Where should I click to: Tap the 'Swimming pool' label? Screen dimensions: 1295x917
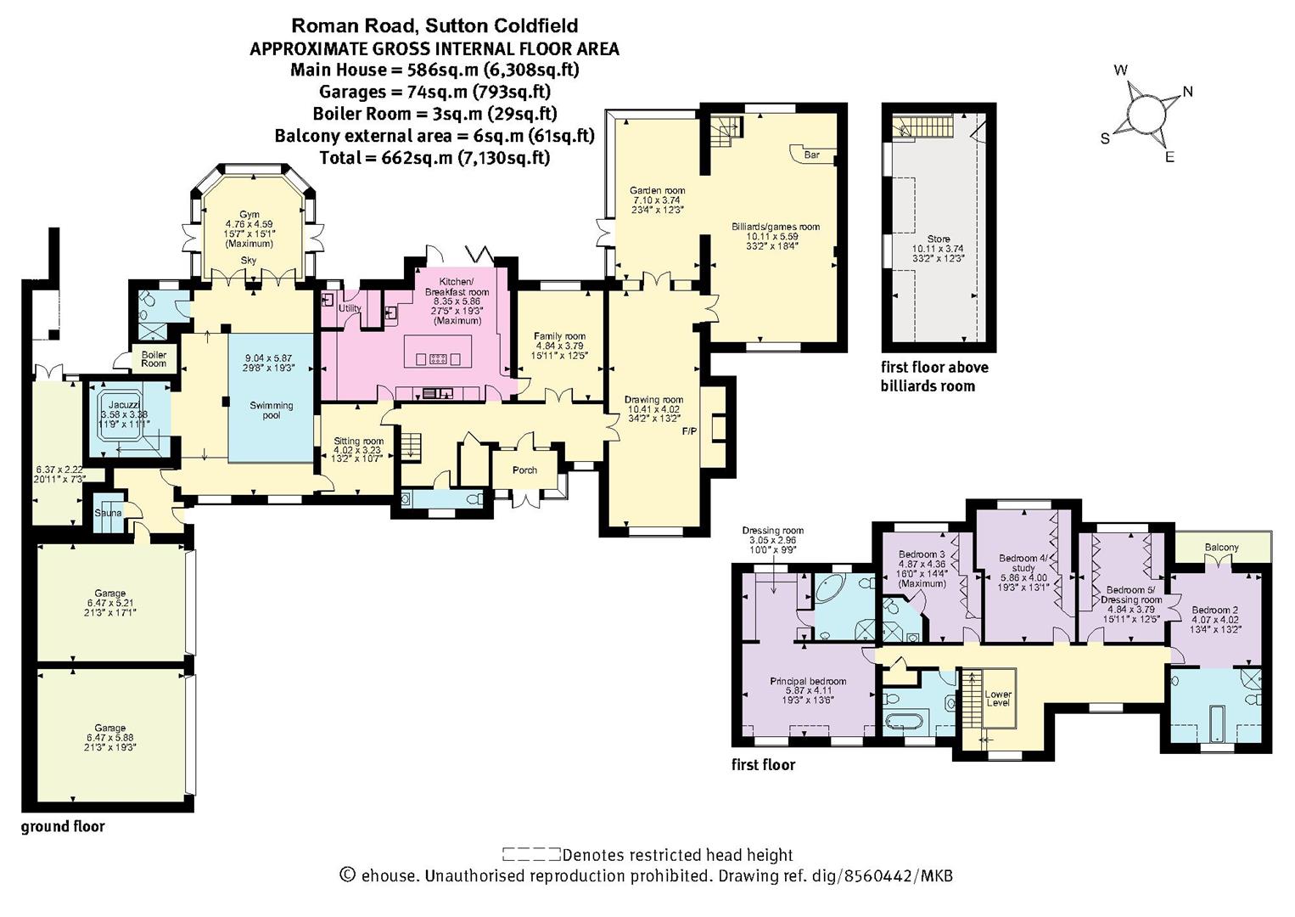coord(272,410)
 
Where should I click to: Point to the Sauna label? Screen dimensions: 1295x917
coord(108,513)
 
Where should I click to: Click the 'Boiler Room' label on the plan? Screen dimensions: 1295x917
coord(154,358)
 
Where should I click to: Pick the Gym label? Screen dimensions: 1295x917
coord(249,214)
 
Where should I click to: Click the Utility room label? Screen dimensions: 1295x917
coord(350,307)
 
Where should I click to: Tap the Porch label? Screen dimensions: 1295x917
coord(524,470)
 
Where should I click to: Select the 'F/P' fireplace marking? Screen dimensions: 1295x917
coord(690,431)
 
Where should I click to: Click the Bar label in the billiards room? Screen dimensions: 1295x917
coord(811,155)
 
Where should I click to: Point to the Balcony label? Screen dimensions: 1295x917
coord(1221,548)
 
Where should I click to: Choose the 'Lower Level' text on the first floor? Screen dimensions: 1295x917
coord(998,698)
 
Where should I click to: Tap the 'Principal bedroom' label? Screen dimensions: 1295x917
coord(808,681)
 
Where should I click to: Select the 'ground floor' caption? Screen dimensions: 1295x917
coord(63,827)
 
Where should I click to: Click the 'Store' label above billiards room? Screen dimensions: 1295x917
coord(939,239)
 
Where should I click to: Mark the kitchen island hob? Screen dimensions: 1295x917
coord(438,358)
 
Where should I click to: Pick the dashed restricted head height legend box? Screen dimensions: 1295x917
coord(531,854)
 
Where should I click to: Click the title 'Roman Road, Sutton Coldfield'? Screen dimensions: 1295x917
coord(434,26)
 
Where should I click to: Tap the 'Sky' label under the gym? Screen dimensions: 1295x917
coord(249,261)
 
